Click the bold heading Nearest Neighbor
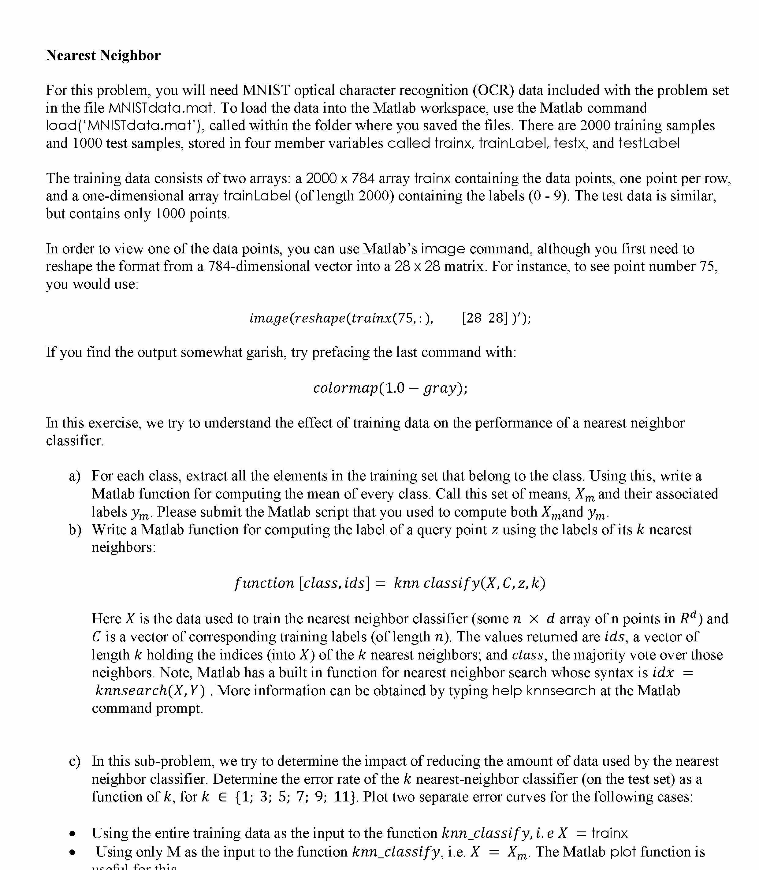(103, 55)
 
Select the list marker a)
(75, 476)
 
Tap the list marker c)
(75, 761)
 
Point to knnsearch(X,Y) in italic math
(150, 691)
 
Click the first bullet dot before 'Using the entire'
(73, 834)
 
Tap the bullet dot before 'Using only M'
(73, 853)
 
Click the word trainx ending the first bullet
(609, 834)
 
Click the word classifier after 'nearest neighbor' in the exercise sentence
(75, 441)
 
